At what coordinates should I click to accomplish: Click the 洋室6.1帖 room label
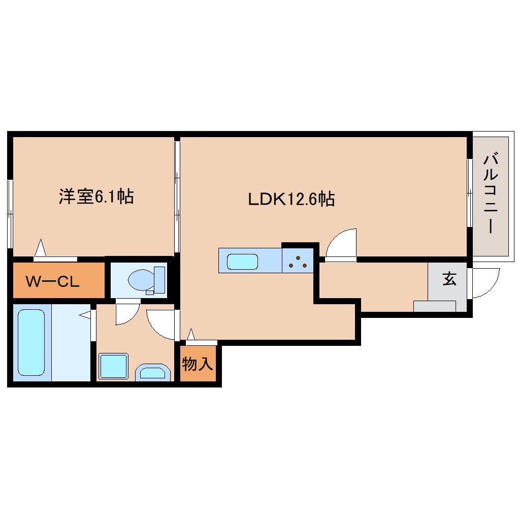(96, 197)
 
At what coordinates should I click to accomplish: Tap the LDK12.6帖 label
(291, 199)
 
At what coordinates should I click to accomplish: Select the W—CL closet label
(53, 281)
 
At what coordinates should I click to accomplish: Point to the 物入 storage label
(197, 364)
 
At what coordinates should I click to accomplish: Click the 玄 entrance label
(449, 279)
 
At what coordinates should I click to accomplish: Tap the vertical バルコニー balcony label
(491, 193)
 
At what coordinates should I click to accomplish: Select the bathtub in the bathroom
(31, 342)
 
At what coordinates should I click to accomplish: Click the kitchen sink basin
(242, 262)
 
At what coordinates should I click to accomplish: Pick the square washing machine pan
(113, 366)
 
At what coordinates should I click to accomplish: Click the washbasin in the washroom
(153, 373)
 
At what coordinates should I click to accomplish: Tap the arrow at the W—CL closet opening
(40, 247)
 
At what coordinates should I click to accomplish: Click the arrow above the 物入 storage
(190, 334)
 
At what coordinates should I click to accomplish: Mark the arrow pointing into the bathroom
(85, 315)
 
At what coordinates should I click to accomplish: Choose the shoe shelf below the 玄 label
(435, 306)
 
